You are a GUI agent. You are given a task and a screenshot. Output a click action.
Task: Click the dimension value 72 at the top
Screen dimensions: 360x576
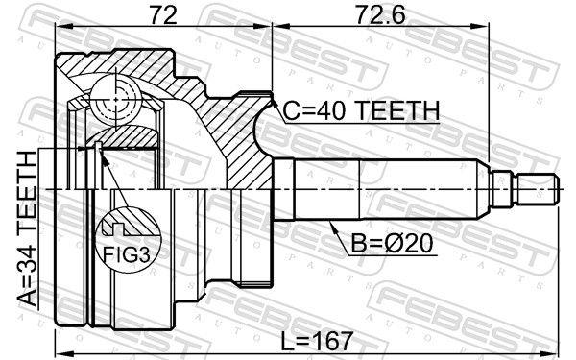tap(163, 16)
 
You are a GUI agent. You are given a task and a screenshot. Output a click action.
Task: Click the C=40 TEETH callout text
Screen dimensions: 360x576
tap(361, 111)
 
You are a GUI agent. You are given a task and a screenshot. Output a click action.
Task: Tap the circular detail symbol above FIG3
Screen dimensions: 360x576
tap(128, 227)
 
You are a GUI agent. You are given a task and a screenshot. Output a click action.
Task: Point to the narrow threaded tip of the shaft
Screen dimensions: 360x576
tap(538, 188)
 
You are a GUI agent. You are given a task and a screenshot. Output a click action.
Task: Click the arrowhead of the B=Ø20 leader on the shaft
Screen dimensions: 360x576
tap(329, 223)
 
